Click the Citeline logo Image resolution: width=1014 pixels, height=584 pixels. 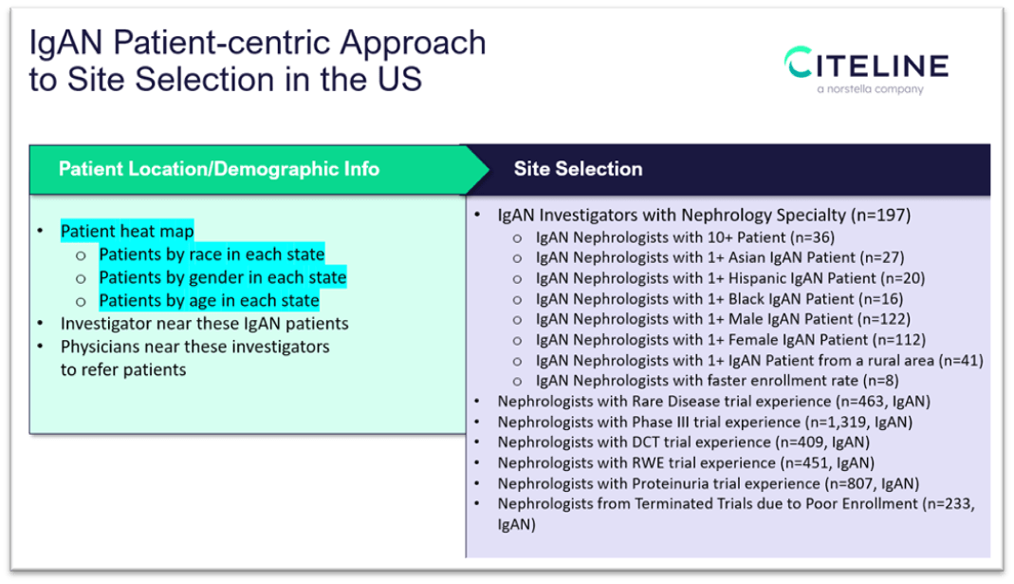pos(865,65)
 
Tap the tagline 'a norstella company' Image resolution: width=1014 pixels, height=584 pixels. pos(870,90)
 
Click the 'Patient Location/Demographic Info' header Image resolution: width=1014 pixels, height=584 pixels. pos(219,169)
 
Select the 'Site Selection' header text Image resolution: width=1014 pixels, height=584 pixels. pos(578,169)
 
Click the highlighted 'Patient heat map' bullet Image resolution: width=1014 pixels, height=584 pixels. pos(127,231)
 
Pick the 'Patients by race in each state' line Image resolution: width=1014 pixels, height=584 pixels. pos(212,254)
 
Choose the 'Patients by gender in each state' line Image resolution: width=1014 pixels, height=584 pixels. pos(222,277)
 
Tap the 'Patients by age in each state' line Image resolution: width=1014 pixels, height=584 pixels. pos(209,300)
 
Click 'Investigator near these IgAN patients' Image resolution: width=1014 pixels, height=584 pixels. pos(204,323)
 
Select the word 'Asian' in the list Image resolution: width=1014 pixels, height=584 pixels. pos(747,257)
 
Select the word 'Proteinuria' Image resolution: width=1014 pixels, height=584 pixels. pos(661,483)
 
